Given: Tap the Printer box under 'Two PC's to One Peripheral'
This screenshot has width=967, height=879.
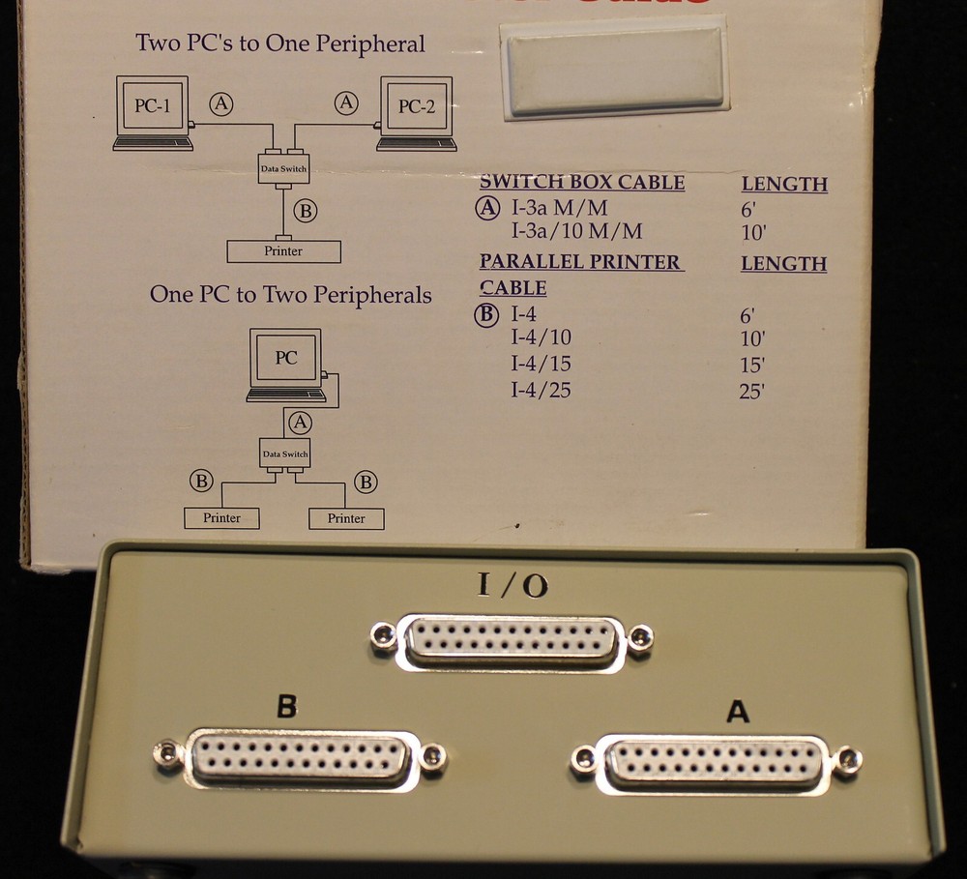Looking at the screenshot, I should (x=283, y=251).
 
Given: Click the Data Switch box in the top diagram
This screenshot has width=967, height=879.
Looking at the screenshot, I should (x=284, y=168).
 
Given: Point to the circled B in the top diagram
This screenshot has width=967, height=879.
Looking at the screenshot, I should (x=306, y=211).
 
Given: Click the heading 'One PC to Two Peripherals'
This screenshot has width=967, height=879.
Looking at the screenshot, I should (x=290, y=295).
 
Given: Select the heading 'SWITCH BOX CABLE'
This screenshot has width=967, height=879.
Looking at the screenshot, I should (x=582, y=183).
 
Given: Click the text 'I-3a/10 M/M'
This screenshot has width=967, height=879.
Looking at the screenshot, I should (x=576, y=232).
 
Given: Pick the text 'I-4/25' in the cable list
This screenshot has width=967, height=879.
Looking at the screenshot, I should (x=541, y=391).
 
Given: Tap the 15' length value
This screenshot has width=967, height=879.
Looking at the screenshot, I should (x=751, y=366).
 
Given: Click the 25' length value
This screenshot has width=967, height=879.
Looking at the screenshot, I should (x=751, y=393).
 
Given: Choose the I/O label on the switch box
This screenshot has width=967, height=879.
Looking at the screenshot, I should (x=513, y=587).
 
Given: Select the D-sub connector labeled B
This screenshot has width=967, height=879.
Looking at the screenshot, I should (x=300, y=755).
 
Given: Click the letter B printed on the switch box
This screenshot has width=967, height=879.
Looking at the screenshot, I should (x=286, y=707).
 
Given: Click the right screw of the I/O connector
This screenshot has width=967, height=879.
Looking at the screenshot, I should (x=639, y=638).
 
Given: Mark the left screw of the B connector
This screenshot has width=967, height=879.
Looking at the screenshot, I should (x=169, y=753).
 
